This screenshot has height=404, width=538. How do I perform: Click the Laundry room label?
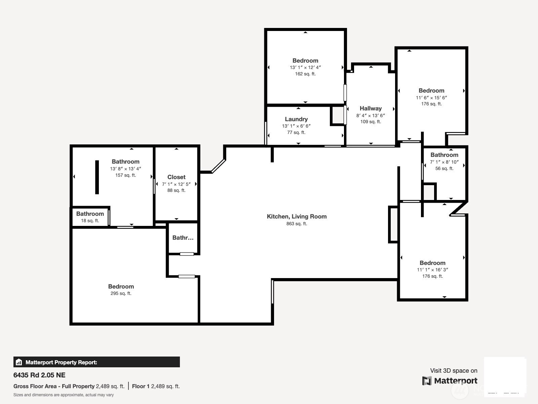click(x=296, y=119)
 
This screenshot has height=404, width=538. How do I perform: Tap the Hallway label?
click(x=371, y=108)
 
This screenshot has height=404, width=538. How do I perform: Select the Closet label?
click(x=176, y=177)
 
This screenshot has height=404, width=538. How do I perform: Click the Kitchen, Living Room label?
click(x=297, y=216)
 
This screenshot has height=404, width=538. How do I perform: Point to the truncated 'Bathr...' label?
click(x=183, y=238)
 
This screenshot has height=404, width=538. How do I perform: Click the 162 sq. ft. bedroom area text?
click(x=305, y=74)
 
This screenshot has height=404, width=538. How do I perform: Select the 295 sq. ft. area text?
click(x=121, y=293)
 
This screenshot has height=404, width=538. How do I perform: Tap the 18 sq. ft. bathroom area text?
click(x=90, y=221)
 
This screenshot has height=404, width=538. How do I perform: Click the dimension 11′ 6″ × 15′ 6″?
click(x=431, y=98)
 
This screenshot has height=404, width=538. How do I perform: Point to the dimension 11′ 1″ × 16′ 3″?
click(x=432, y=270)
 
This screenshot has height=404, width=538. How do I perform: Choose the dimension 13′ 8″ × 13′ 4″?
click(x=125, y=169)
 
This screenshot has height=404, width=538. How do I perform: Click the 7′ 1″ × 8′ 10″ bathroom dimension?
click(x=444, y=162)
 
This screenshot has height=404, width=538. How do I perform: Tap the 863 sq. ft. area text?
click(x=297, y=224)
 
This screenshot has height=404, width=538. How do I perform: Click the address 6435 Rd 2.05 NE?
click(x=39, y=375)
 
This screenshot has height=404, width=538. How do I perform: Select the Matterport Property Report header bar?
click(x=97, y=362)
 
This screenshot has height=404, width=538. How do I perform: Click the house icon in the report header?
click(x=19, y=362)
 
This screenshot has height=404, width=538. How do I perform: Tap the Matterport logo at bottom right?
click(x=450, y=381)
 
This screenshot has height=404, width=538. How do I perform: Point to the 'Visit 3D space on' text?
click(x=454, y=371)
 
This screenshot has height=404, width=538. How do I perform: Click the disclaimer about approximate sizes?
click(x=64, y=395)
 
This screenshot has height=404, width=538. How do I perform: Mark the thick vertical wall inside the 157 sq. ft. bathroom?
click(x=97, y=177)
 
